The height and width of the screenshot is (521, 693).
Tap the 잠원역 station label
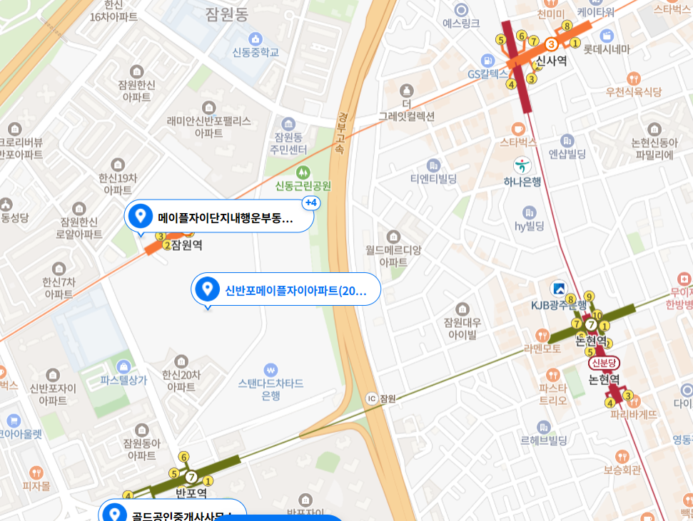(187, 244)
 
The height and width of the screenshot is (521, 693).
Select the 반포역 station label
(191, 492)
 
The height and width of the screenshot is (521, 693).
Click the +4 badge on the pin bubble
(311, 203)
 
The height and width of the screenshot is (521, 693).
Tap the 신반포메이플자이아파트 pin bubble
(285, 289)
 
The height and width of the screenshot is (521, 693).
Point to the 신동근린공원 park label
(303, 186)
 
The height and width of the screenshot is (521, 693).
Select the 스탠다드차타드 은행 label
(270, 389)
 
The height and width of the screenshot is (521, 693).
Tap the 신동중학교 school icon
(256, 38)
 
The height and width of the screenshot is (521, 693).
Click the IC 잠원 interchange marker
(370, 398)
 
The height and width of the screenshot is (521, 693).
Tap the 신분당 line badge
(603, 363)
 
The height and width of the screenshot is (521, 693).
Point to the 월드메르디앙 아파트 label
(393, 256)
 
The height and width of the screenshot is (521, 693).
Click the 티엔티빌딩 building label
(433, 178)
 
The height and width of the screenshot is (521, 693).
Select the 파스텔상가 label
(123, 380)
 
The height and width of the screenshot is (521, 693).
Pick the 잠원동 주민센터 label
(288, 143)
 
